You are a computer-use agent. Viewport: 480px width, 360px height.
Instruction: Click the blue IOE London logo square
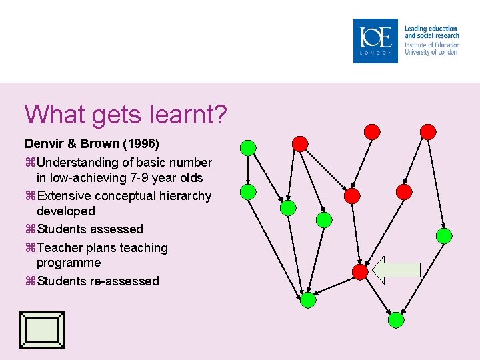(375, 41)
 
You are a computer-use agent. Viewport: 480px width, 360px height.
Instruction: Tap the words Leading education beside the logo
(431, 29)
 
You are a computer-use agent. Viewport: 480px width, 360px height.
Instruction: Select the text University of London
(431, 52)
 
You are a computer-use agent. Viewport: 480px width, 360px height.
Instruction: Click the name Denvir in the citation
(43, 144)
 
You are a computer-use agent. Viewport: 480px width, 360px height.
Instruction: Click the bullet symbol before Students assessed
(29, 229)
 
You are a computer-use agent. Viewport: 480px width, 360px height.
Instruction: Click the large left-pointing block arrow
(396, 269)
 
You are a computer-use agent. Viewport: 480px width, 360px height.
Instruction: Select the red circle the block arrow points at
(359, 271)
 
